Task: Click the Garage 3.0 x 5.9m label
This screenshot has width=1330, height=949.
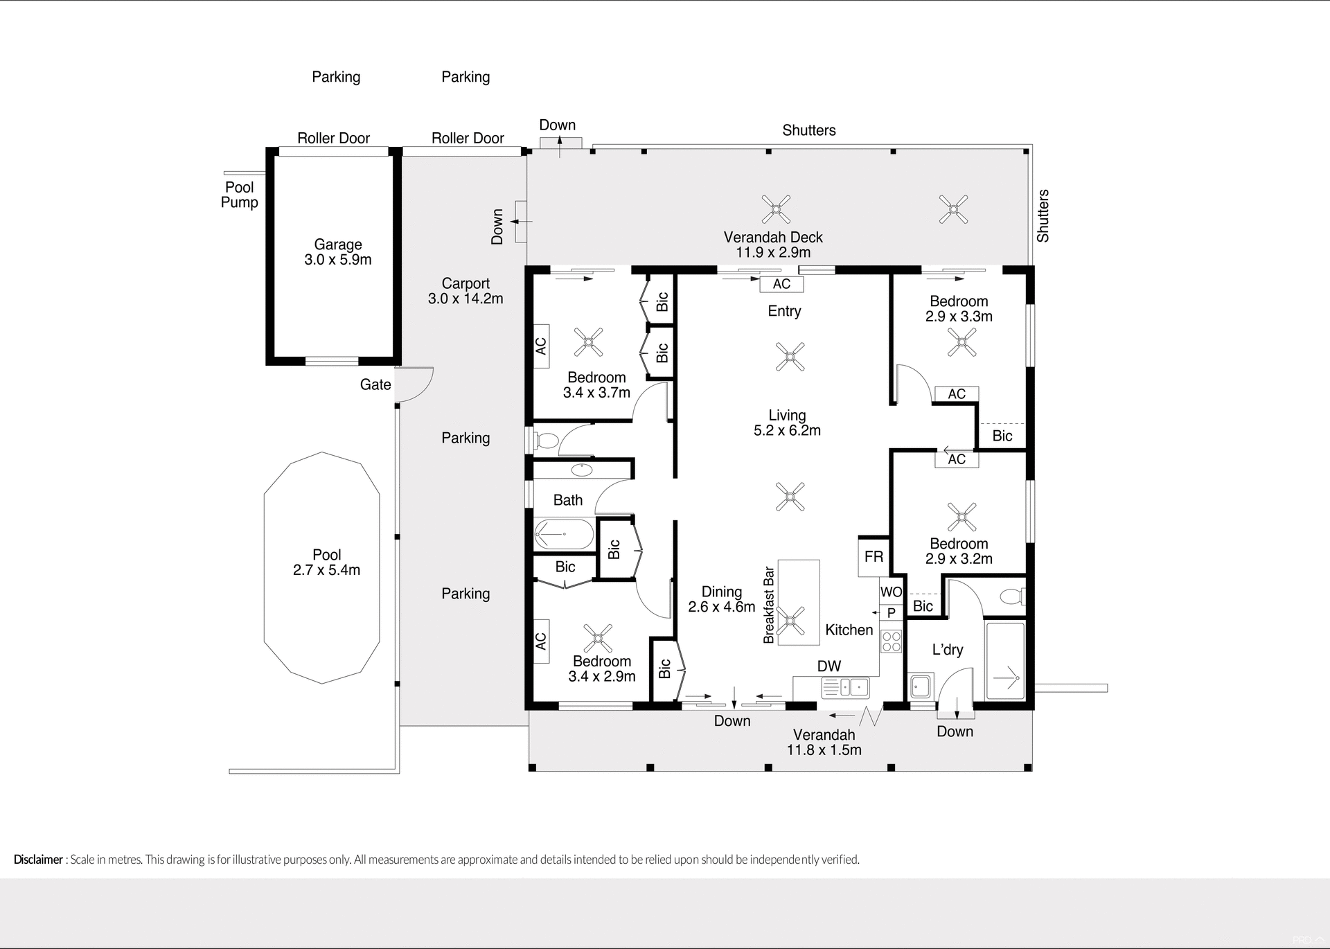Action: pyautogui.click(x=338, y=252)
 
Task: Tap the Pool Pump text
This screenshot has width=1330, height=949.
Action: pyautogui.click(x=240, y=195)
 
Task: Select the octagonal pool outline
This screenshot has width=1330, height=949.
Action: pyautogui.click(x=322, y=568)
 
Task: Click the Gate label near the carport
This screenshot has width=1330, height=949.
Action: pyautogui.click(x=375, y=384)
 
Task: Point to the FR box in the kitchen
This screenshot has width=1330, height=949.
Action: pyautogui.click(x=874, y=557)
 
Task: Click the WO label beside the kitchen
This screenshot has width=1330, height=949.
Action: pyautogui.click(x=891, y=592)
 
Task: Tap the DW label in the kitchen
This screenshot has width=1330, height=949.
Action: pyautogui.click(x=828, y=666)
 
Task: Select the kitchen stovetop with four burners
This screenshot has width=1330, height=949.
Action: pyautogui.click(x=891, y=641)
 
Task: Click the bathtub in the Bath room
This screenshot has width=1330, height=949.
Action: pyautogui.click(x=564, y=535)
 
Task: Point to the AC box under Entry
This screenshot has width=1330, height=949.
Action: pyautogui.click(x=781, y=284)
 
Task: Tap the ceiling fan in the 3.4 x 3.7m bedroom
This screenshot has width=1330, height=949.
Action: pyautogui.click(x=589, y=342)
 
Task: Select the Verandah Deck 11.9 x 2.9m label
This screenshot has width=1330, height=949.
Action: pyautogui.click(x=773, y=245)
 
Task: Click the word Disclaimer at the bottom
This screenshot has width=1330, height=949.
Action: pyautogui.click(x=38, y=860)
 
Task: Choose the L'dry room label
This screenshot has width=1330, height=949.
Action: pyautogui.click(x=947, y=650)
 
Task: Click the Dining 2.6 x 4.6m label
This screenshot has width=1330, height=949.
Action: pyautogui.click(x=721, y=599)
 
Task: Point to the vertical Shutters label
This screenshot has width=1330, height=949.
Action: pyautogui.click(x=1043, y=215)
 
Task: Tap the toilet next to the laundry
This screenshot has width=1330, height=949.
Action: pyautogui.click(x=1013, y=596)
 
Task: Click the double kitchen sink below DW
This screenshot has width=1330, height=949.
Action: pyautogui.click(x=845, y=687)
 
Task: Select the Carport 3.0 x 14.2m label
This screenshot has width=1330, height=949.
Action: pyautogui.click(x=465, y=291)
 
